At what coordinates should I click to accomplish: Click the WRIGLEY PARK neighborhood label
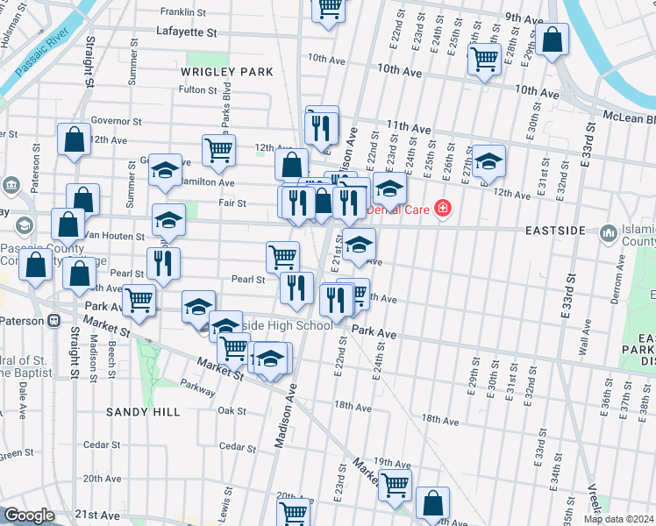click(227, 71)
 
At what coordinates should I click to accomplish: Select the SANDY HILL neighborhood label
click(143, 411)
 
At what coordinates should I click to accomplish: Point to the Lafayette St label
click(186, 32)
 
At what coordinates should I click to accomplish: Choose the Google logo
click(29, 515)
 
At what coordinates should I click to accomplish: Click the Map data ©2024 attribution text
click(619, 519)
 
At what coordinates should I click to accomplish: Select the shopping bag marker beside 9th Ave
click(552, 40)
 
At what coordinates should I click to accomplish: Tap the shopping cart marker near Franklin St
click(329, 9)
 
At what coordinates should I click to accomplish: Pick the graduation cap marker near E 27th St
click(488, 162)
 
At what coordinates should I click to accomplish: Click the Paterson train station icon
click(54, 321)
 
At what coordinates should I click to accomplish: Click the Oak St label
click(232, 410)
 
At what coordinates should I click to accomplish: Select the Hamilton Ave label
click(208, 182)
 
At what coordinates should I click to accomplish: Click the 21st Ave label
click(97, 515)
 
